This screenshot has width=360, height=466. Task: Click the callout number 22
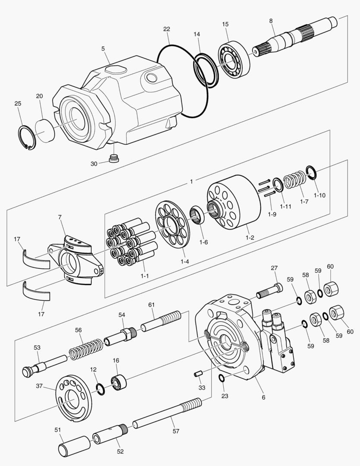click(x=166, y=29)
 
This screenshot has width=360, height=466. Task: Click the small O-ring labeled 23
click(x=221, y=378)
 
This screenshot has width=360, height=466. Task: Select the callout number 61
click(x=151, y=305)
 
